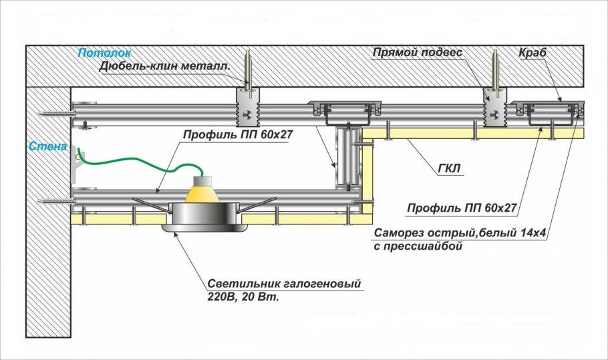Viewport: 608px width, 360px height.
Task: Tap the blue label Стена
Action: [47, 145]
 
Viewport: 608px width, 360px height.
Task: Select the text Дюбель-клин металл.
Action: [164, 66]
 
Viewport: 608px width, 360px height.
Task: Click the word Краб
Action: [533, 52]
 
